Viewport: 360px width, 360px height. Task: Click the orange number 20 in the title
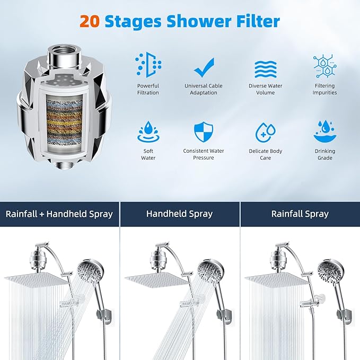click(90, 22)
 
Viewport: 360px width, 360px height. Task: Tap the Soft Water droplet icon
click(148, 132)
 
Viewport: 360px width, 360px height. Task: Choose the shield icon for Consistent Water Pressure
click(204, 132)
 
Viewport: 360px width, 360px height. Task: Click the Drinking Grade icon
click(324, 132)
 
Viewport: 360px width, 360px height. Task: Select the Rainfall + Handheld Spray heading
click(59, 214)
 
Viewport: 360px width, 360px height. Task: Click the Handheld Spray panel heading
click(179, 214)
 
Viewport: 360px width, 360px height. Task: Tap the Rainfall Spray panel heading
click(300, 214)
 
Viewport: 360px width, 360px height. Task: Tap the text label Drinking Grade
click(324, 154)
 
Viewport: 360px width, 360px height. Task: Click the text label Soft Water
click(148, 154)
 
